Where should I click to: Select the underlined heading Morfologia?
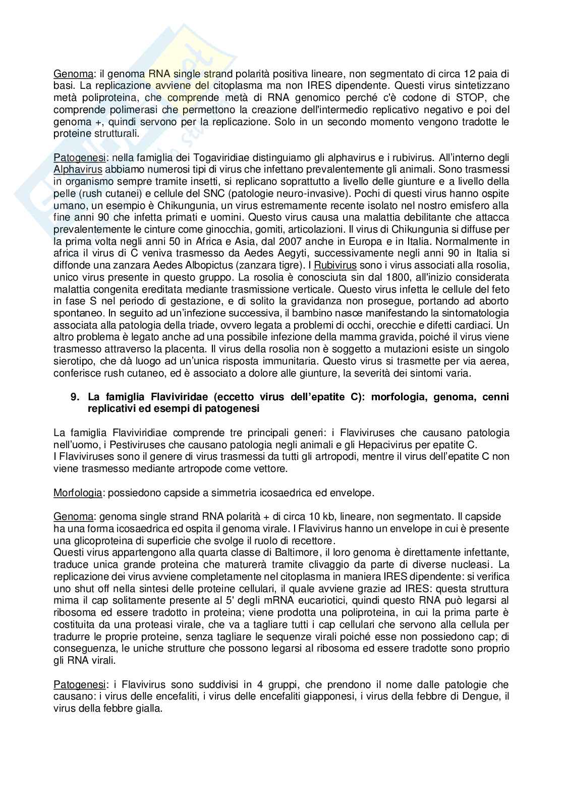click(77, 493)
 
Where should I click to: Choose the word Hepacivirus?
click(362, 445)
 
